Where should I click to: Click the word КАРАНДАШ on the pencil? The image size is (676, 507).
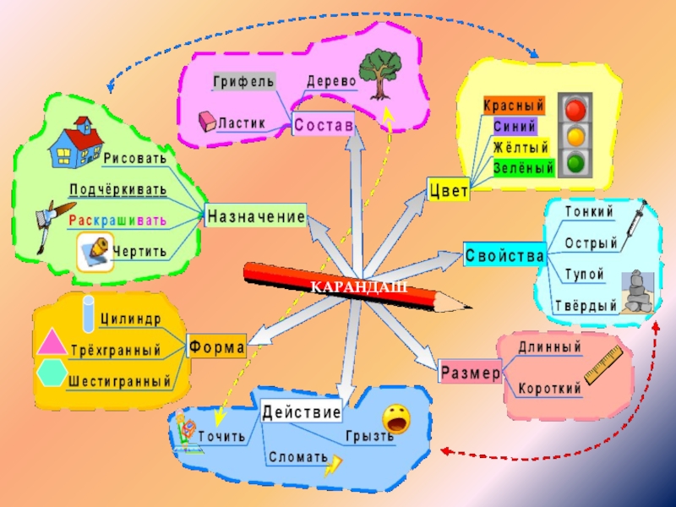point(359,287)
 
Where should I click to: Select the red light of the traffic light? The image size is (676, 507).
point(577,110)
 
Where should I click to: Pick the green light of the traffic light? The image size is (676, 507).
point(577,161)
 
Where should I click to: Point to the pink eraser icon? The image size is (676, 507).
point(207,122)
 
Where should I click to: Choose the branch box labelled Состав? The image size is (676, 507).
point(324,125)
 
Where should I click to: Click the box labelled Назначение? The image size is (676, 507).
point(255,216)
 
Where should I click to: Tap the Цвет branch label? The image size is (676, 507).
point(449,191)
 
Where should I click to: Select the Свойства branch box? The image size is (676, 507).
point(504,253)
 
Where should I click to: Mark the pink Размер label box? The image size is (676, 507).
point(471,373)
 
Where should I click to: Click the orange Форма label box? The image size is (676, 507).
point(217,346)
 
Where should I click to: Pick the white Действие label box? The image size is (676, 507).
point(302,412)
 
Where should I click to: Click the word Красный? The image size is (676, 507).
point(513,106)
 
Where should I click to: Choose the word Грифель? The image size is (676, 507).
point(243,81)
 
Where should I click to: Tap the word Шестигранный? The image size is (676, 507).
point(119,381)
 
